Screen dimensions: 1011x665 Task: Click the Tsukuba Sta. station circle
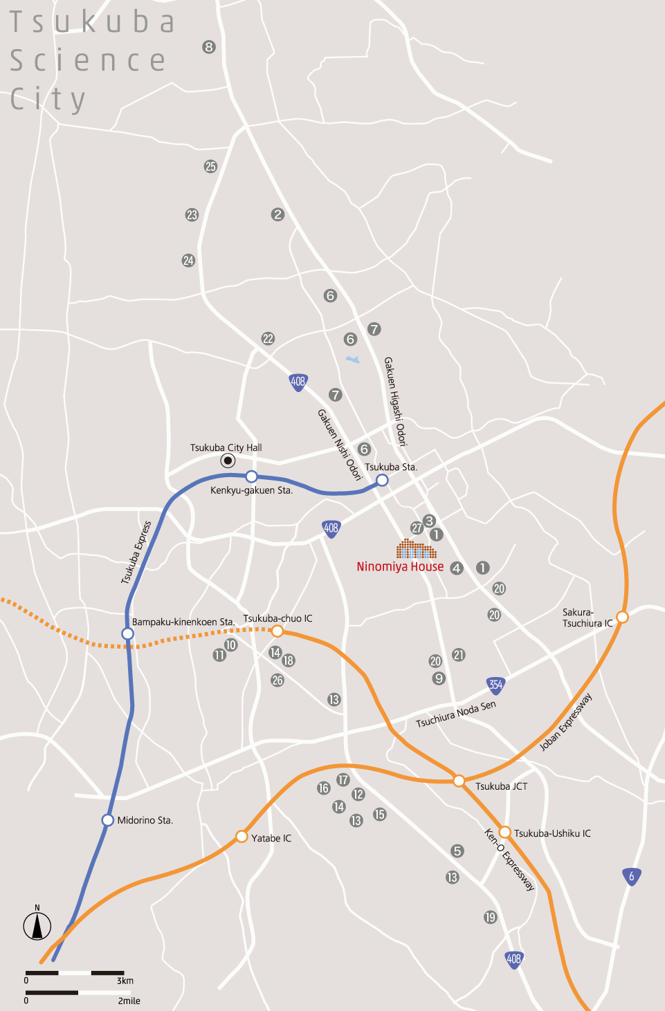382,480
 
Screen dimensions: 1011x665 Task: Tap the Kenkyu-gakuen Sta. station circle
252,476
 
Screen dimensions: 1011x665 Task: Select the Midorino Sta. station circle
108,820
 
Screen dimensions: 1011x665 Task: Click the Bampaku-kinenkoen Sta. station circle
127,633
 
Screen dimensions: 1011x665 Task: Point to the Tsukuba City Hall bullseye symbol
228,461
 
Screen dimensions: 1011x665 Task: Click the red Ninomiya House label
400,566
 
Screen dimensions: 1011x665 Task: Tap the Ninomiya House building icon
416,549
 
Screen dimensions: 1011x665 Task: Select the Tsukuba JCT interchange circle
459,781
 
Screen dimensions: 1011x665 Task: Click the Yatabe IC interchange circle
242,837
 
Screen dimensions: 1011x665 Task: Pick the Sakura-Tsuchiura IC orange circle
622,617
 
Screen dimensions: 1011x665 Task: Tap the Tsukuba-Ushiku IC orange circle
505,832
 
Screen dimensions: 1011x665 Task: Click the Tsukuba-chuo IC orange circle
277,631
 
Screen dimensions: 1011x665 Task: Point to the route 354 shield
495,685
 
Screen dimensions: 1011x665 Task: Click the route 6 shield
630,876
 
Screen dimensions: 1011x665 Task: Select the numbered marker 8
209,47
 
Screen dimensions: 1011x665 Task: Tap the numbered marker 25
210,167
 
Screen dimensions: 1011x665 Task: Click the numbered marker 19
490,917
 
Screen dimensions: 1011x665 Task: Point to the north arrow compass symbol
37,925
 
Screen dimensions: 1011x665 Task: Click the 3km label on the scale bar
125,981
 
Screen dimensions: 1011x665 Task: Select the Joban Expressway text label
566,722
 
